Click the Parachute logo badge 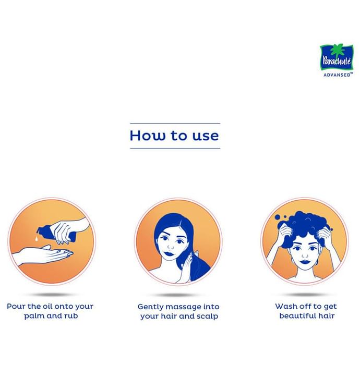[337, 57]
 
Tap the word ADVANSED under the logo [337, 75]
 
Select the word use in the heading [206, 136]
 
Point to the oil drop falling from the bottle [37, 238]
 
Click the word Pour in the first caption [16, 307]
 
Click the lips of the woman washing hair [304, 262]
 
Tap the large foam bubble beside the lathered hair [278, 217]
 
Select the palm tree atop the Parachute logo [336, 50]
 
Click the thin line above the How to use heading [175, 124]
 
